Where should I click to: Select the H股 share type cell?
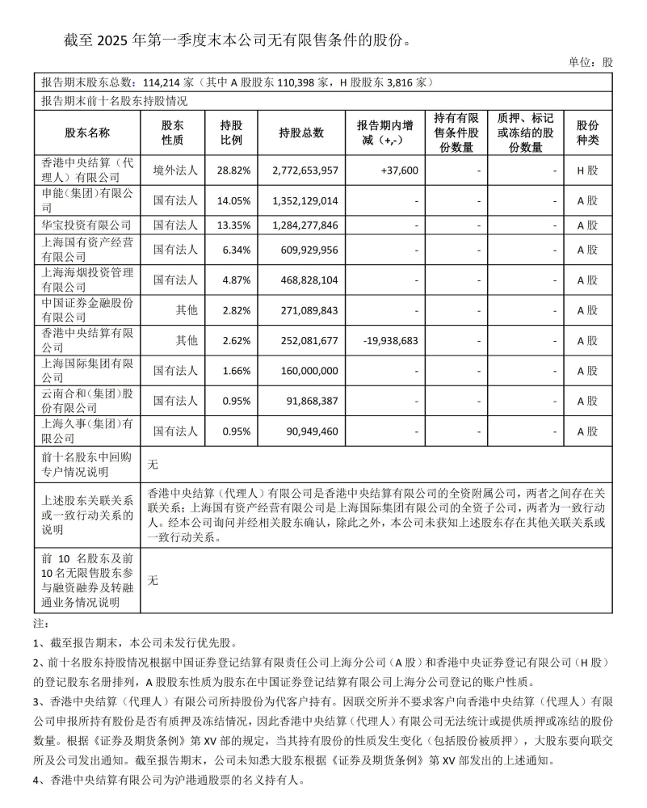point(587,170)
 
